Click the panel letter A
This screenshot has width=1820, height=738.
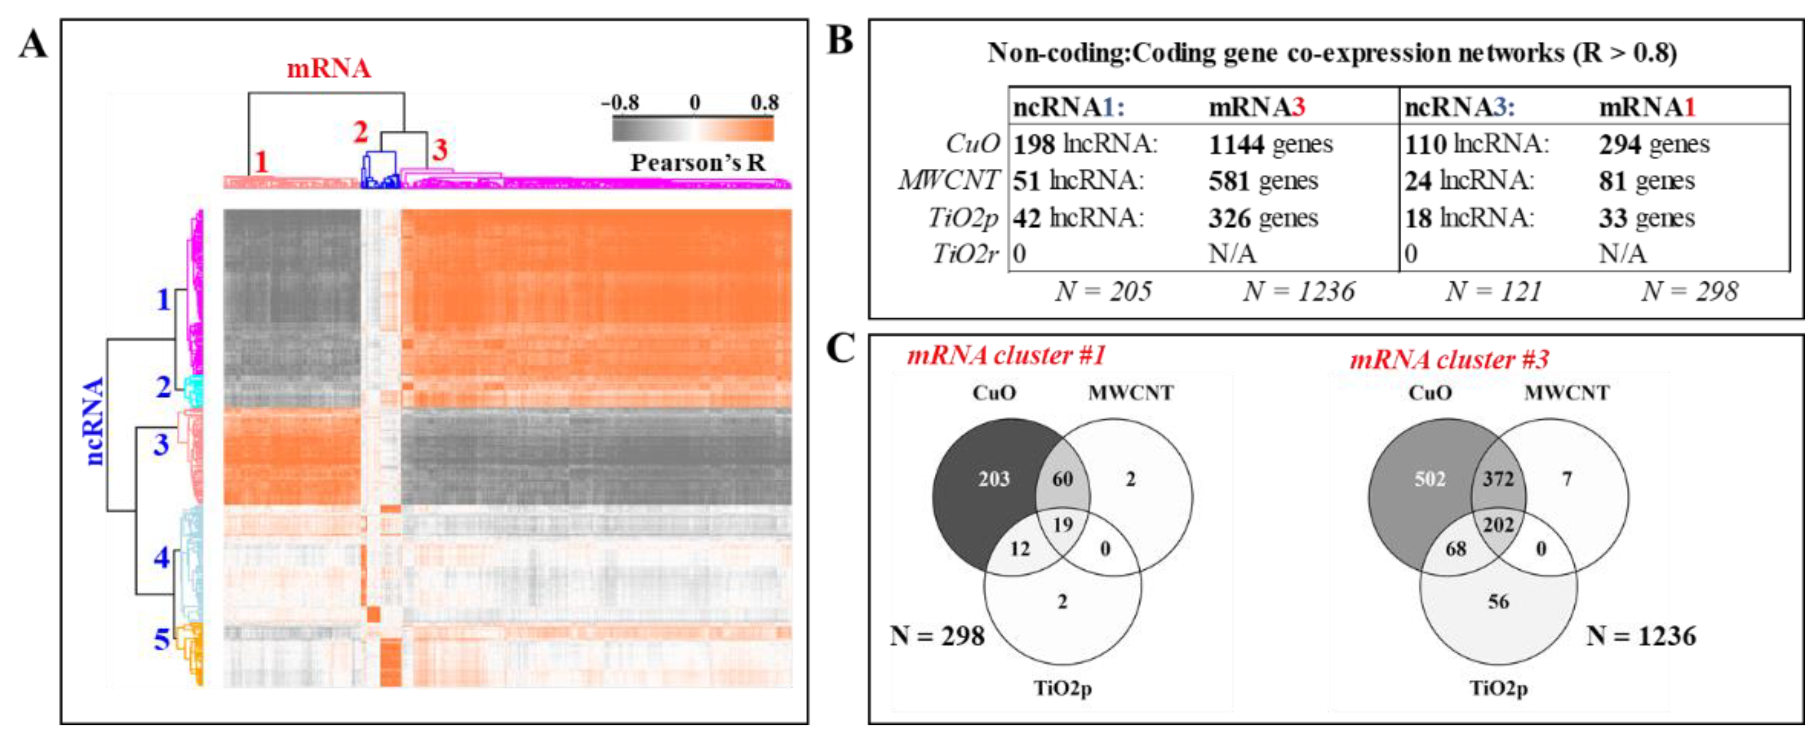[33, 45]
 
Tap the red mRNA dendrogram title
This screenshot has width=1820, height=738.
[329, 68]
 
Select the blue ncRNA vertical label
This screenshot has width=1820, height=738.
[94, 421]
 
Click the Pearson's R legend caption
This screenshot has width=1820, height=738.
[697, 163]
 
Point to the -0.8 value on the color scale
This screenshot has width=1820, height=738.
[620, 103]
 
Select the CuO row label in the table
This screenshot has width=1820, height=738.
[972, 144]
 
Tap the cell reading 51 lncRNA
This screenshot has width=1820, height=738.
[1077, 181]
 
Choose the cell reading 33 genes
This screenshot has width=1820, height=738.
[1646, 218]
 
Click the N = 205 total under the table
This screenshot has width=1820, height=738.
[1103, 291]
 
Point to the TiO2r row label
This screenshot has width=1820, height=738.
[965, 254]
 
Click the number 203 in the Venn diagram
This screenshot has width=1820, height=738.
[994, 479]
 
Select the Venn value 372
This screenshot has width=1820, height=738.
[1498, 479]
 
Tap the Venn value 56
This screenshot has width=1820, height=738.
[1498, 602]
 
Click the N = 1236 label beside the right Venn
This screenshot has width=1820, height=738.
[1641, 636]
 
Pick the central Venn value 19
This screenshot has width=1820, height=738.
[1062, 525]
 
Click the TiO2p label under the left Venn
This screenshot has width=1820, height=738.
[1062, 688]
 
